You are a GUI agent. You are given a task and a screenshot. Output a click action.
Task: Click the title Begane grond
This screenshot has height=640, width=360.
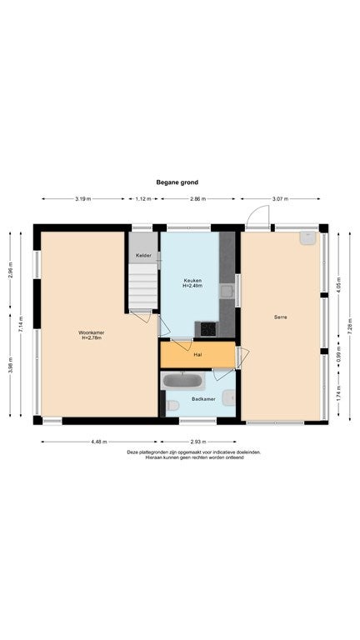click(177, 182)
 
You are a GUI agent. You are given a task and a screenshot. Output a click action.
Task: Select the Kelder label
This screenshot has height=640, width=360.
click(143, 256)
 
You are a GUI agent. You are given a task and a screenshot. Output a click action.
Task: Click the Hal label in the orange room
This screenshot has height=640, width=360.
click(198, 355)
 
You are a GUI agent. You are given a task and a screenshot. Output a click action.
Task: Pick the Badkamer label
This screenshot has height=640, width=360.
click(203, 399)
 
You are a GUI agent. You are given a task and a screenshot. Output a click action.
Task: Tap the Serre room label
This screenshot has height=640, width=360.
click(280, 317)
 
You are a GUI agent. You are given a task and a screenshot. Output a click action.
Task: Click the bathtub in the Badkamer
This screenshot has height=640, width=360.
click(182, 381)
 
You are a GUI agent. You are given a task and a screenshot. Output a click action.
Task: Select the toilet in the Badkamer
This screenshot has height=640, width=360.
click(172, 405)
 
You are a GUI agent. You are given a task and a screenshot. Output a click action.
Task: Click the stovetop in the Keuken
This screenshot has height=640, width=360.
click(208, 329)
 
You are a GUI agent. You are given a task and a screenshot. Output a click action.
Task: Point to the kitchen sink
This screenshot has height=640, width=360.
click(226, 291)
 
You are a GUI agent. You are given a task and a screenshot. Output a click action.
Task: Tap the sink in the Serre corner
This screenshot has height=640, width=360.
click(308, 238)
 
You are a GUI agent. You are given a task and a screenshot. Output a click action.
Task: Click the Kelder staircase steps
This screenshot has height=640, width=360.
click(143, 286)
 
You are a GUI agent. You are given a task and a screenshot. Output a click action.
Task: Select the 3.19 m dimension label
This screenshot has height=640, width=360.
click(82, 199)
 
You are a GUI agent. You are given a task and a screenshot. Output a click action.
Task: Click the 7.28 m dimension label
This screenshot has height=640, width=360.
click(350, 327)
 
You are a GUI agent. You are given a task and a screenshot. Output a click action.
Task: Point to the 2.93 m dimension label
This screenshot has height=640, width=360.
click(199, 442)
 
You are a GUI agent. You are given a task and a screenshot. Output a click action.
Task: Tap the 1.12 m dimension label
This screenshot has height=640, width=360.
click(143, 199)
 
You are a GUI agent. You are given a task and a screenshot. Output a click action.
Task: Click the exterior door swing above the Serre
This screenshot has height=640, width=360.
click(258, 216)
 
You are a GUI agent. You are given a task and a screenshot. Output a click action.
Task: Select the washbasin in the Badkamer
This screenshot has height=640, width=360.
click(229, 397)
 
